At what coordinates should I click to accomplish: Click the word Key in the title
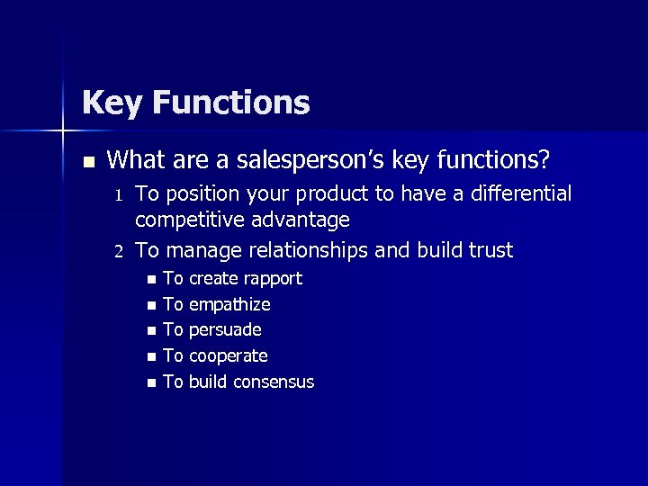tap(112, 103)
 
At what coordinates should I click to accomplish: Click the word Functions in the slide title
tap(230, 103)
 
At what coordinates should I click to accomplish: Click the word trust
tap(487, 250)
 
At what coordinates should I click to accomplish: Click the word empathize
tap(229, 305)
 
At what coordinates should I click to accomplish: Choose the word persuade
tap(225, 330)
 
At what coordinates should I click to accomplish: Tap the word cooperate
tap(229, 356)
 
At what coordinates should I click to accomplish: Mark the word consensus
tap(274, 382)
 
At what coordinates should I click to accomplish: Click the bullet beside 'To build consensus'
tap(150, 382)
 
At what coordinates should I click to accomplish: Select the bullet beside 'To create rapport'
tap(150, 279)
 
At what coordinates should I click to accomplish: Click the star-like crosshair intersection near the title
tap(63, 132)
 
